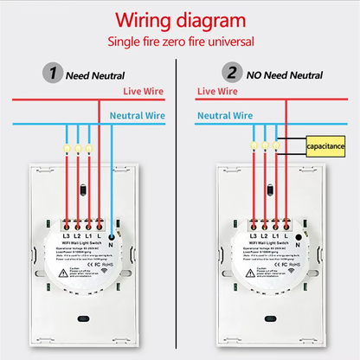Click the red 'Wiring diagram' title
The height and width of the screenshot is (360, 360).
(181, 19)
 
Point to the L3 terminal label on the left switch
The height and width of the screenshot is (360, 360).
(65, 235)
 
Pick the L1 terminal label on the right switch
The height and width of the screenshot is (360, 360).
(274, 235)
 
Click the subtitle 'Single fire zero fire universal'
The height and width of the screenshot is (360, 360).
(180, 42)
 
